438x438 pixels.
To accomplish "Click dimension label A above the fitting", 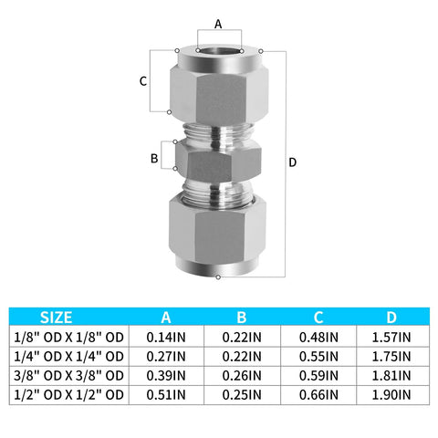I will (217, 23).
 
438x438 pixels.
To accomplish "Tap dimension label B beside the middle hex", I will (154, 159).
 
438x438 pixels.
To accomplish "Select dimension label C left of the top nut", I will (143, 81).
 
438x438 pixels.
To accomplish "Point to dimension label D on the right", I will (292, 162).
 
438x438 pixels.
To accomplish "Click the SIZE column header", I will (57, 318).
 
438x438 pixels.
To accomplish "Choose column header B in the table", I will (242, 318).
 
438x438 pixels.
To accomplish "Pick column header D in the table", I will (391, 318).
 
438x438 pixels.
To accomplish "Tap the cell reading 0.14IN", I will (165, 337).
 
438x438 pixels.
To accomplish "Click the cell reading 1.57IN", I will (391, 337).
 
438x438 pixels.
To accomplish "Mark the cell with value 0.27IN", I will (165, 356).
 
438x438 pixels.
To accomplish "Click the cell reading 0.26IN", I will (242, 375).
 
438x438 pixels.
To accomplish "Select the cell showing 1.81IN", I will (391, 375).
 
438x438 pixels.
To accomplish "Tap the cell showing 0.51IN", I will (165, 394).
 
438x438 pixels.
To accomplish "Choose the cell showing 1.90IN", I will (391, 394).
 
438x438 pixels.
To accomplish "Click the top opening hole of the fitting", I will (218, 47).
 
